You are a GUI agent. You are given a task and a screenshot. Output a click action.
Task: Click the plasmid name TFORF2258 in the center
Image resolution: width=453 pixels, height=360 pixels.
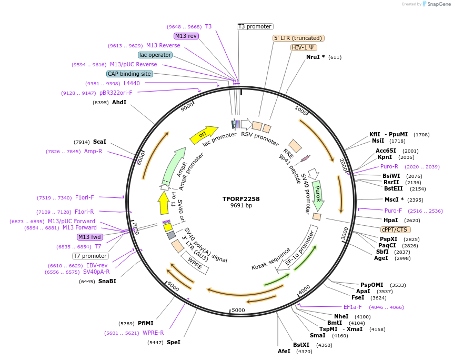[x=241, y=199]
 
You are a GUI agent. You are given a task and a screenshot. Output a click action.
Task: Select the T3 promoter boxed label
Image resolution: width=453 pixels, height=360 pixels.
[x=255, y=26]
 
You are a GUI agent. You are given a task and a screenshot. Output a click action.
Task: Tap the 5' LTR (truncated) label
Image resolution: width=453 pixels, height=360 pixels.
[x=298, y=38]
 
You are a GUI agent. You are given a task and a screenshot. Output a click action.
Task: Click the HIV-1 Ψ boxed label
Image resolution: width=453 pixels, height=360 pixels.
[x=304, y=47]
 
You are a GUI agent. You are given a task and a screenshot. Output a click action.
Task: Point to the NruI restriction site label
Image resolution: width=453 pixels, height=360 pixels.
[x=315, y=57]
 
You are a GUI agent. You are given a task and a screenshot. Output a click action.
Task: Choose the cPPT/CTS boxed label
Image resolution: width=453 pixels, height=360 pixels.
[x=396, y=229]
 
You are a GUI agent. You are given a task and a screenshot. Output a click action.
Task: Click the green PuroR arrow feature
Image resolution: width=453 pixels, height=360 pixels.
[x=318, y=195]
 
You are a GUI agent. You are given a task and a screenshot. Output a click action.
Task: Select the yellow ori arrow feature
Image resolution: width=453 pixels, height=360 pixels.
[x=204, y=135]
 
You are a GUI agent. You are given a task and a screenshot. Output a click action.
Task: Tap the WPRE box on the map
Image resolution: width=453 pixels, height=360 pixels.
[x=195, y=263]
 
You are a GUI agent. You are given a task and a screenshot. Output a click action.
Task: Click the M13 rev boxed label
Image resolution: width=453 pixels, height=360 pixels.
[x=186, y=36]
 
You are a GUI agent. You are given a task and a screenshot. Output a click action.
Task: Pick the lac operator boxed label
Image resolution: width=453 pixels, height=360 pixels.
[x=155, y=55]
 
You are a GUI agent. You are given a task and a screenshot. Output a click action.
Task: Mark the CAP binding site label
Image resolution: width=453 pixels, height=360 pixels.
[x=129, y=74]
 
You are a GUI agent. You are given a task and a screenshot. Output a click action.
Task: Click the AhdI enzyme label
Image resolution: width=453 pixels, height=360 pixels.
[x=119, y=102]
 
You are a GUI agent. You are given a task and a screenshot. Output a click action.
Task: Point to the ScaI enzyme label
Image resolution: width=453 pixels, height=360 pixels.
[x=99, y=142]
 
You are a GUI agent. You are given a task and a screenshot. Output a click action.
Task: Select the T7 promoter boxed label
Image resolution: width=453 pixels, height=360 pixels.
[x=90, y=256]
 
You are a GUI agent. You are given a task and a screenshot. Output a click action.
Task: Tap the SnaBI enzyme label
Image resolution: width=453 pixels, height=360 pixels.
[x=107, y=281]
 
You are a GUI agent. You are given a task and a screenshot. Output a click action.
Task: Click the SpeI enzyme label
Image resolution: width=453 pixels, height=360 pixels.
[x=173, y=342]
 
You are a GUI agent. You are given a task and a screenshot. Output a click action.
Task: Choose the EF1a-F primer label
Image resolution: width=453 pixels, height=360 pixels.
[x=353, y=307]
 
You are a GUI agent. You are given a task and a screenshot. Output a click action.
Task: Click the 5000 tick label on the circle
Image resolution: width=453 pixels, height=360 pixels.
[x=238, y=310]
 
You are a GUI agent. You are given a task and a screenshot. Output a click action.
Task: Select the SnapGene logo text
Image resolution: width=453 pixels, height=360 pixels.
[x=438, y=4]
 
